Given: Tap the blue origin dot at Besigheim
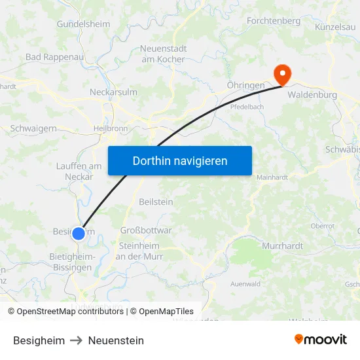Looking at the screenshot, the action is (79, 234).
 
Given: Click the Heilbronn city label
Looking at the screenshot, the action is (111, 128).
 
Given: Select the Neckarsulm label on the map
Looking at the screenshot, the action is (113, 92).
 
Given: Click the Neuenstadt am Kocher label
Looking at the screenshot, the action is (163, 54).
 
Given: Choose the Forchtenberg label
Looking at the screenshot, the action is (274, 21).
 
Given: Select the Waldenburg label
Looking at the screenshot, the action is (312, 95).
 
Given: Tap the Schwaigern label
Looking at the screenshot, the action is (33, 129).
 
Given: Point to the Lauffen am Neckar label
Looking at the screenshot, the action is (79, 171).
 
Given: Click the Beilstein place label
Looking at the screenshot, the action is (156, 202).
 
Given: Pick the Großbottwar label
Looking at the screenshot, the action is (146, 230).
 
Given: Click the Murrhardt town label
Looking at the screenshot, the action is (282, 246).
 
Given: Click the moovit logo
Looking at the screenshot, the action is (321, 340).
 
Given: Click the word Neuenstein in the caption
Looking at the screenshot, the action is (116, 340).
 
